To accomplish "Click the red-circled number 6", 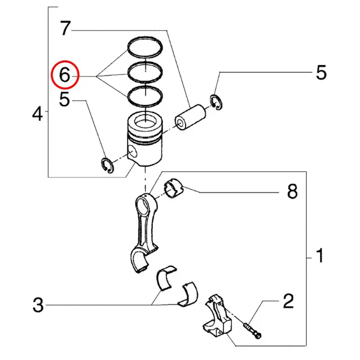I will [x=65, y=75].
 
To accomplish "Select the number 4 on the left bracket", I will [x=38, y=115].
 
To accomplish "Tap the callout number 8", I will [x=292, y=193].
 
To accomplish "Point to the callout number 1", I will [x=319, y=257].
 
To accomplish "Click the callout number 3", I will [x=38, y=306].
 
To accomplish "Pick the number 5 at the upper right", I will [x=320, y=72].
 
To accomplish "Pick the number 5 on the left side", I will [x=65, y=100].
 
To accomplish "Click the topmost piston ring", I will [x=145, y=40].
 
